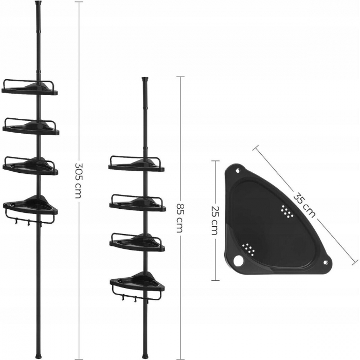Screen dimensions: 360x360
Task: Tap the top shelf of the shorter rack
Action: pyautogui.click(x=137, y=164)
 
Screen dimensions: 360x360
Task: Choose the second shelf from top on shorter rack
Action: pyautogui.click(x=137, y=202)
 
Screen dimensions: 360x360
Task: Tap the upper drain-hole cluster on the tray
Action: pyautogui.click(x=287, y=211)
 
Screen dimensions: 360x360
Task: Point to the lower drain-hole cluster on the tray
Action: pyautogui.click(x=250, y=249)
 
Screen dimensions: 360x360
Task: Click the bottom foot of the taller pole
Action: pyautogui.click(x=38, y=355)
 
